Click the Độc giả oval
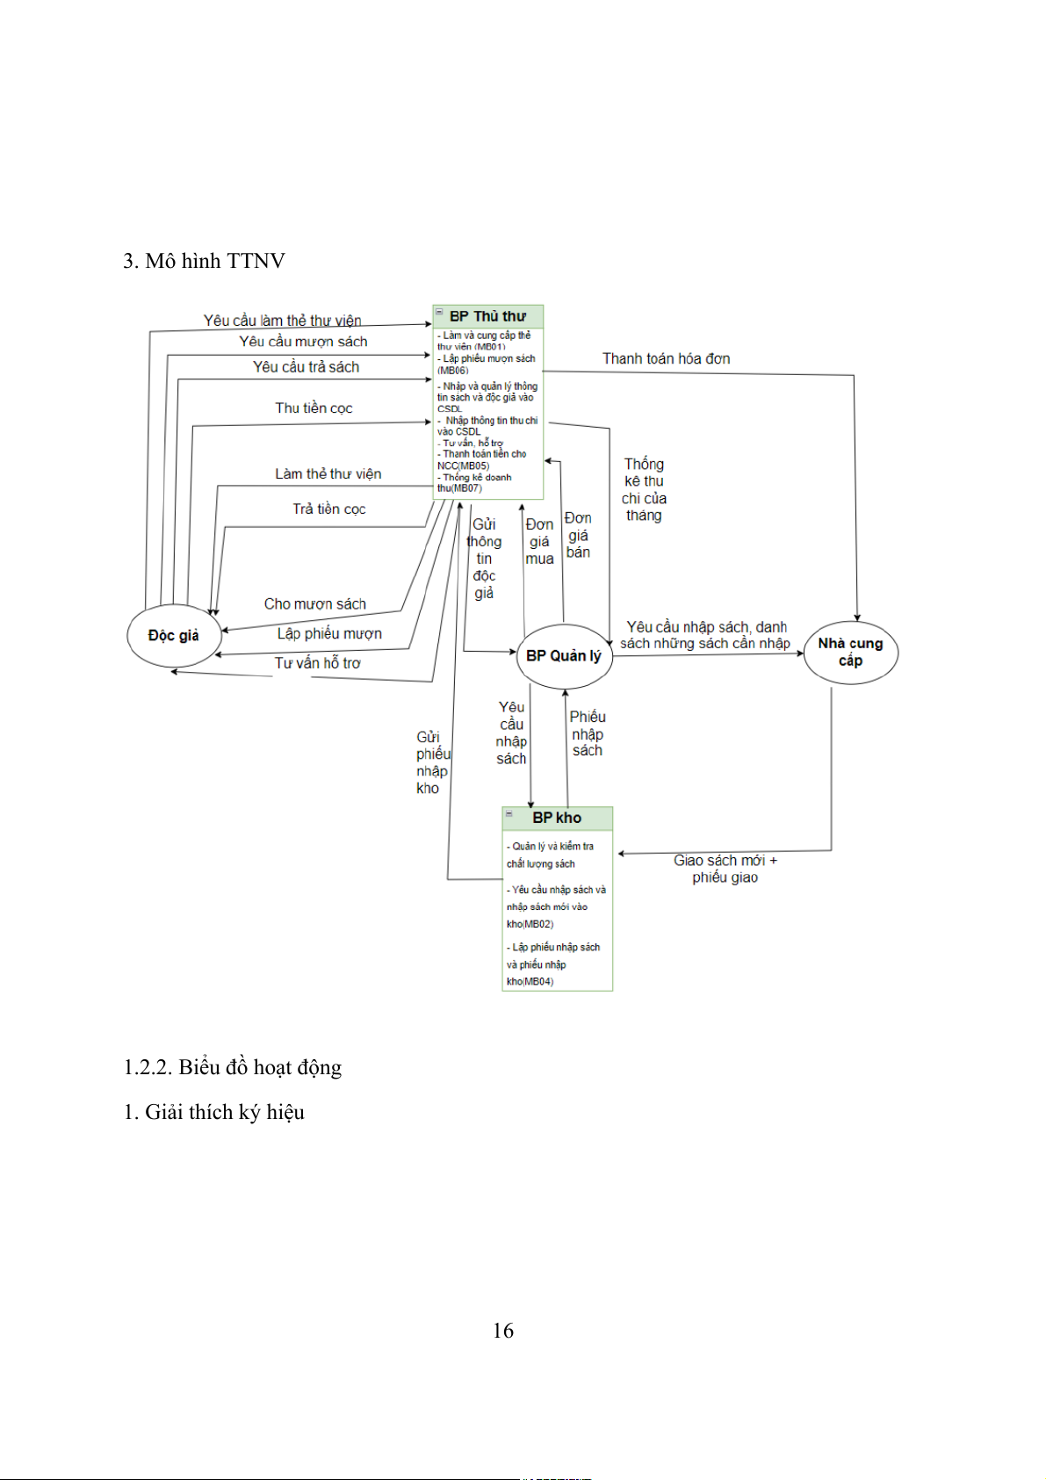click(173, 635)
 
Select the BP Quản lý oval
click(564, 656)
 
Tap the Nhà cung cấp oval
click(850, 652)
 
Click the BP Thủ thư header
click(487, 316)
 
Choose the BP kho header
click(557, 818)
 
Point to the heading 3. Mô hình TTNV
click(204, 261)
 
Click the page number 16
click(502, 1331)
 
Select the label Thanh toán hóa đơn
click(666, 358)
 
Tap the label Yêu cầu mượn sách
click(303, 342)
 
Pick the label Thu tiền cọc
click(314, 408)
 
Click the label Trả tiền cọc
click(328, 509)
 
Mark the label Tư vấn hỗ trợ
click(317, 663)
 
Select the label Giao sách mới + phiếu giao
click(725, 869)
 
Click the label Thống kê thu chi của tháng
click(644, 489)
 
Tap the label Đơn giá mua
click(539, 541)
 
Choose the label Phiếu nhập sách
click(588, 733)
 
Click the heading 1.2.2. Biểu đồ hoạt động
click(232, 1067)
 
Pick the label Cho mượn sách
click(314, 603)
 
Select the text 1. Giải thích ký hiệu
click(213, 1112)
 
